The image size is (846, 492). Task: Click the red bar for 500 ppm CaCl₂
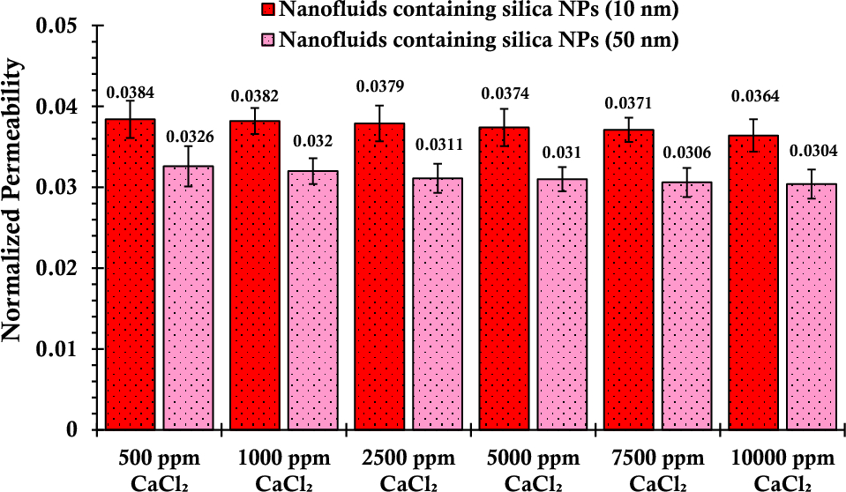click(131, 274)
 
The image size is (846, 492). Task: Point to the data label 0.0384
click(129, 92)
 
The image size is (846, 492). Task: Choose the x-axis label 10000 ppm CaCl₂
click(782, 469)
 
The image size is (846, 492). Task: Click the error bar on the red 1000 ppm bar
click(255, 121)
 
